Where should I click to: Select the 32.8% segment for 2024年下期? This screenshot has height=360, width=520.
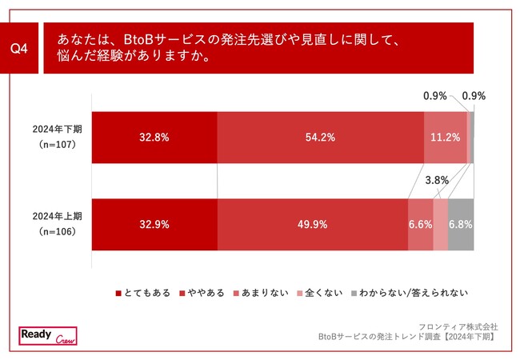coord(154,137)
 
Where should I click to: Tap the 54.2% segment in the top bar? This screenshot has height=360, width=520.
coord(320,137)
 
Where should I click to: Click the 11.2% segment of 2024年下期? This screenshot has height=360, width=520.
coord(445,137)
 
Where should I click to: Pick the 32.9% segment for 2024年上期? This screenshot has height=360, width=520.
coord(154,225)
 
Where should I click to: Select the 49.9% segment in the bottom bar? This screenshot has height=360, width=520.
coord(311,225)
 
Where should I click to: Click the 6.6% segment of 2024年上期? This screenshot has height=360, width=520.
coord(420,225)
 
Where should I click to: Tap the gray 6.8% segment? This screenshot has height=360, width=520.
coord(461,225)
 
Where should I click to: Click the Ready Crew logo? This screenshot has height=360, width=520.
coord(46,336)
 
